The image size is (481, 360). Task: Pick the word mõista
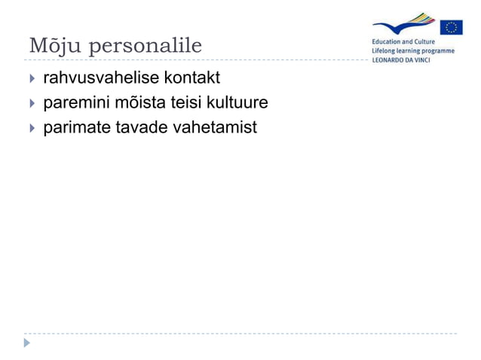(x=140, y=102)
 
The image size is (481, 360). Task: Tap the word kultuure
(x=238, y=102)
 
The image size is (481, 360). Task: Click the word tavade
(x=142, y=127)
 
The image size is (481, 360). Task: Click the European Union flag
(x=452, y=28)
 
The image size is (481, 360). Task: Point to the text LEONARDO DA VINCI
(x=400, y=61)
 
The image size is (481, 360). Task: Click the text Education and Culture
(x=403, y=42)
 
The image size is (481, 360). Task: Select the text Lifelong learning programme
(x=412, y=51)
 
